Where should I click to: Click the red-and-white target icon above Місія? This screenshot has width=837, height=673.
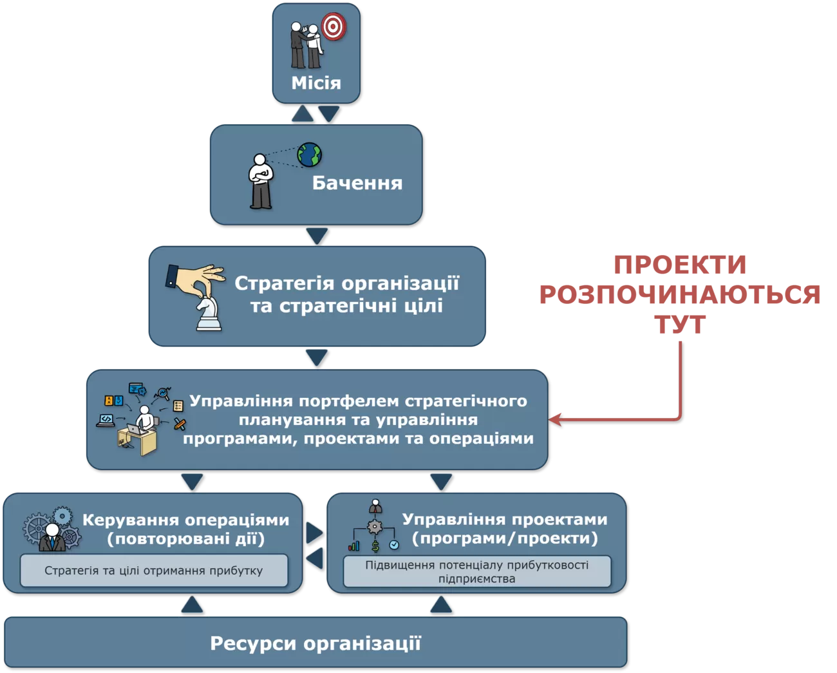pyautogui.click(x=334, y=26)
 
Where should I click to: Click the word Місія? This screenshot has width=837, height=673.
pyautogui.click(x=315, y=83)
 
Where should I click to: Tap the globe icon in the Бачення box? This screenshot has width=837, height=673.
pyautogui.click(x=309, y=155)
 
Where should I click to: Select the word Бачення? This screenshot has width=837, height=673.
pyautogui.click(x=357, y=183)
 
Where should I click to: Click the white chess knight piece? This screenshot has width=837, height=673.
pyautogui.click(x=208, y=314)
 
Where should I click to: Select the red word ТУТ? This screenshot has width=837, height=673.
pyautogui.click(x=680, y=325)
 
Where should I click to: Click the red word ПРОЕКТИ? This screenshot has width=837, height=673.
pyautogui.click(x=680, y=265)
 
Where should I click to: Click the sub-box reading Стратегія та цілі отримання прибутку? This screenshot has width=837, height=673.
pyautogui.click(x=154, y=571)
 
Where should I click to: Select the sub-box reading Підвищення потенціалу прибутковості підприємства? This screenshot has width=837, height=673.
pyautogui.click(x=476, y=572)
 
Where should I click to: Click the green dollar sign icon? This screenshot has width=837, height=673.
pyautogui.click(x=375, y=547)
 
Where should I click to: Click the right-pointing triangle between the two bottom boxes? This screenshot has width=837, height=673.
pyautogui.click(x=314, y=532)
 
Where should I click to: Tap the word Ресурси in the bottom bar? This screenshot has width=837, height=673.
pyautogui.click(x=254, y=643)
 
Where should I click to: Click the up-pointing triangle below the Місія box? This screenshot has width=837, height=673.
pyautogui.click(x=303, y=114)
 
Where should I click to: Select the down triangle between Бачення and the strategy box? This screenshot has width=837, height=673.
pyautogui.click(x=316, y=236)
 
